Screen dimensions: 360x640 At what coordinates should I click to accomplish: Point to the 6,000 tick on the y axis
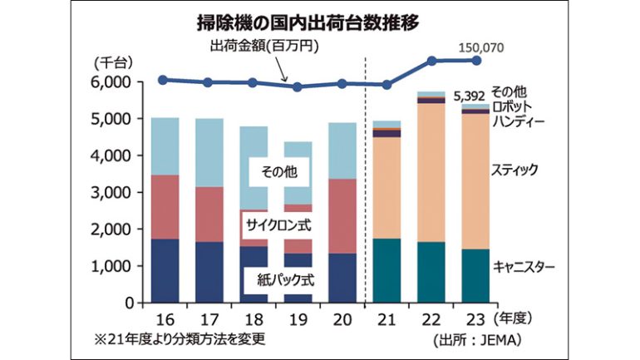(x=111, y=82)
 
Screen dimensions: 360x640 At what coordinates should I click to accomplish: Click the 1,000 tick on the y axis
(x=111, y=266)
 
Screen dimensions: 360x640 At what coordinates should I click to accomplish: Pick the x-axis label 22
(x=431, y=319)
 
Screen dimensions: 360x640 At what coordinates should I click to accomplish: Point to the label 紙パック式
(x=275, y=280)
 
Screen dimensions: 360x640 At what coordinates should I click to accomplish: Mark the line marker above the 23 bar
(x=476, y=60)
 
